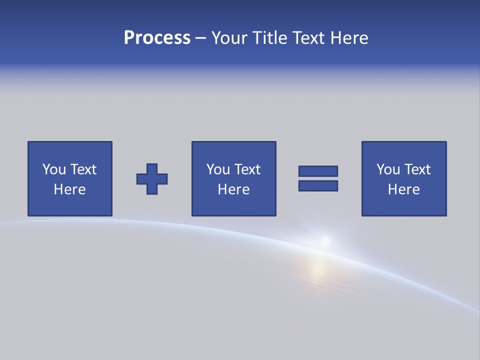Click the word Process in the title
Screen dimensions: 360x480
(157, 38)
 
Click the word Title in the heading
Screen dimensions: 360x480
(268, 38)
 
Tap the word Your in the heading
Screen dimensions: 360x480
(229, 38)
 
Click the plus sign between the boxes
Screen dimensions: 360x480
(152, 179)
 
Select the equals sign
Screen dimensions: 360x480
(318, 178)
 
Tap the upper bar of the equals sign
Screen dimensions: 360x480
(318, 171)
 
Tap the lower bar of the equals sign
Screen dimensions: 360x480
(318, 185)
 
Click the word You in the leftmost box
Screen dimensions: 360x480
(54, 169)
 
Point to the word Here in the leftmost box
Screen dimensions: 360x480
(70, 189)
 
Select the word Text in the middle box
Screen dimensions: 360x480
(247, 169)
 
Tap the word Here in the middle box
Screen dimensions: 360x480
(233, 189)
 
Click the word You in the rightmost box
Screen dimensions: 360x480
(388, 169)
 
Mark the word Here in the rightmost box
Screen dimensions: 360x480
(404, 189)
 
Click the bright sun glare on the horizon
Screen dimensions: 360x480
(324, 241)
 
